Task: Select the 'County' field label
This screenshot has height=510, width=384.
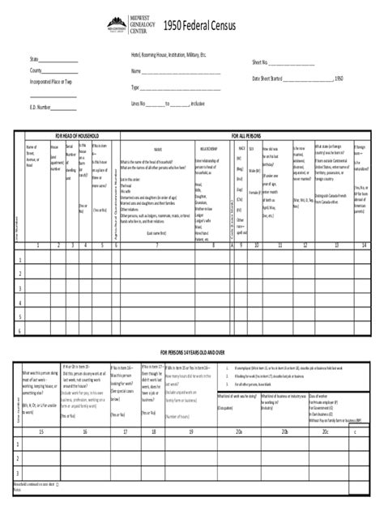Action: (37, 71)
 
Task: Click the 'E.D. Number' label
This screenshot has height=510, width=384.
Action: (41, 107)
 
